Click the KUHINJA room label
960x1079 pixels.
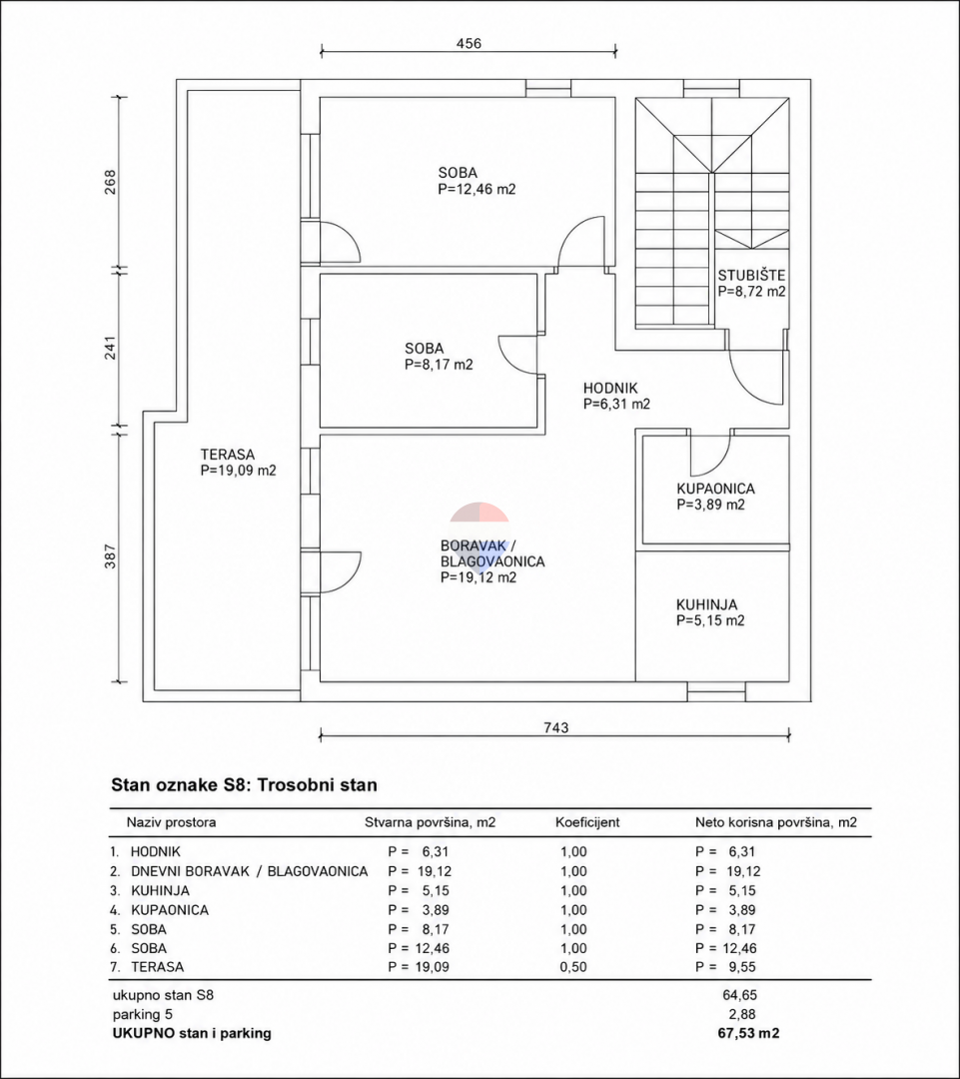pos(706,604)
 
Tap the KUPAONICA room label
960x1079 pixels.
pos(715,489)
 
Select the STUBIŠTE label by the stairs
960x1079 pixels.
pos(751,276)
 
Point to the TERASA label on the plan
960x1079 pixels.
pos(228,455)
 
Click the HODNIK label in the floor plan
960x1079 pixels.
pos(610,388)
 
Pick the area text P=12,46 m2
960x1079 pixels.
pos(477,189)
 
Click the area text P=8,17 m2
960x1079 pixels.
pos(440,365)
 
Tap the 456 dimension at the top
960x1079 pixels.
pos(469,43)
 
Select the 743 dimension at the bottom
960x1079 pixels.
pos(556,727)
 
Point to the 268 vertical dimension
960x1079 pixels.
pos(111,182)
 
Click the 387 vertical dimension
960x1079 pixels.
pos(111,556)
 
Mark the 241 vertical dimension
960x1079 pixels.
pos(111,348)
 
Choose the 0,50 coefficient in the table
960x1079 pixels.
pos(574,967)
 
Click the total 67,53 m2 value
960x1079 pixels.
pos(749,1033)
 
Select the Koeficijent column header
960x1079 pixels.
pos(587,822)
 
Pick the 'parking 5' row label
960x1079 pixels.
pos(143,1014)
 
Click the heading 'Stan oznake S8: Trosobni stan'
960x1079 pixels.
pos(245,785)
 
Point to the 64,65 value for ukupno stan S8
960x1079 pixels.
pos(740,995)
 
